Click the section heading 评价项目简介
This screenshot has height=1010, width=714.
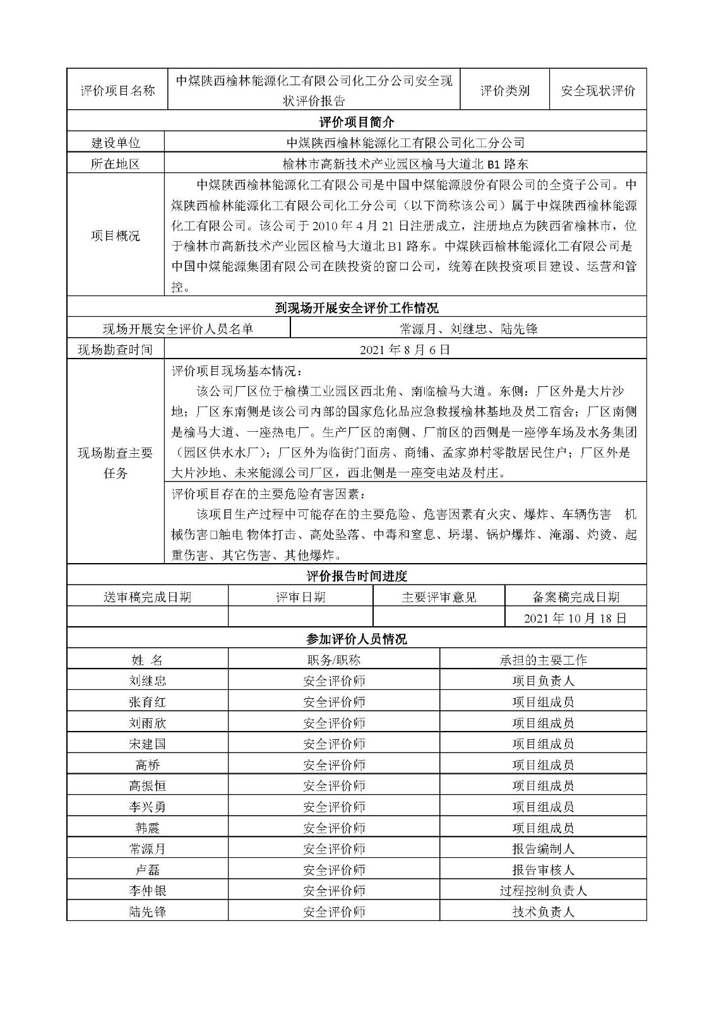coord(357,122)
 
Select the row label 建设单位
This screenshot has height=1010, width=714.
coord(116,143)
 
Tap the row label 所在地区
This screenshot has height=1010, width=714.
coord(116,164)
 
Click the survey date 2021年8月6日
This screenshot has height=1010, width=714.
coord(405,349)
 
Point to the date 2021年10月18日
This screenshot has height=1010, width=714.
coord(575,618)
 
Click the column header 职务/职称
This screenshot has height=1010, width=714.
coord(333,660)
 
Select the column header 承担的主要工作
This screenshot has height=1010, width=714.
coord(543,660)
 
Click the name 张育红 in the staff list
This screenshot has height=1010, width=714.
coord(147,702)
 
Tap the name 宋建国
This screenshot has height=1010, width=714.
coord(147,744)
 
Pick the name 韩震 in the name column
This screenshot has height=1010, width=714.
coord(147,828)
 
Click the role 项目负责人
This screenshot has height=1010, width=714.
coord(543,681)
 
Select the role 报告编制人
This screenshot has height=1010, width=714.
coord(543,849)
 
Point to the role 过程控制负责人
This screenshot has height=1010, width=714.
coord(543,891)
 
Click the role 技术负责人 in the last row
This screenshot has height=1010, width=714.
coord(543,912)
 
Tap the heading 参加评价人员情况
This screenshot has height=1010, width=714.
coord(357,639)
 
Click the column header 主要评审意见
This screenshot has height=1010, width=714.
coord(439,597)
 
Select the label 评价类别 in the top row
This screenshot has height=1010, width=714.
coord(504,90)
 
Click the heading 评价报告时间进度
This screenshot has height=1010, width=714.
coord(357,576)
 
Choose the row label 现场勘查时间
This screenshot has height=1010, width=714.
coord(116,349)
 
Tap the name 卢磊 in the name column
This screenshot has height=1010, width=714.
coord(147,870)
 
